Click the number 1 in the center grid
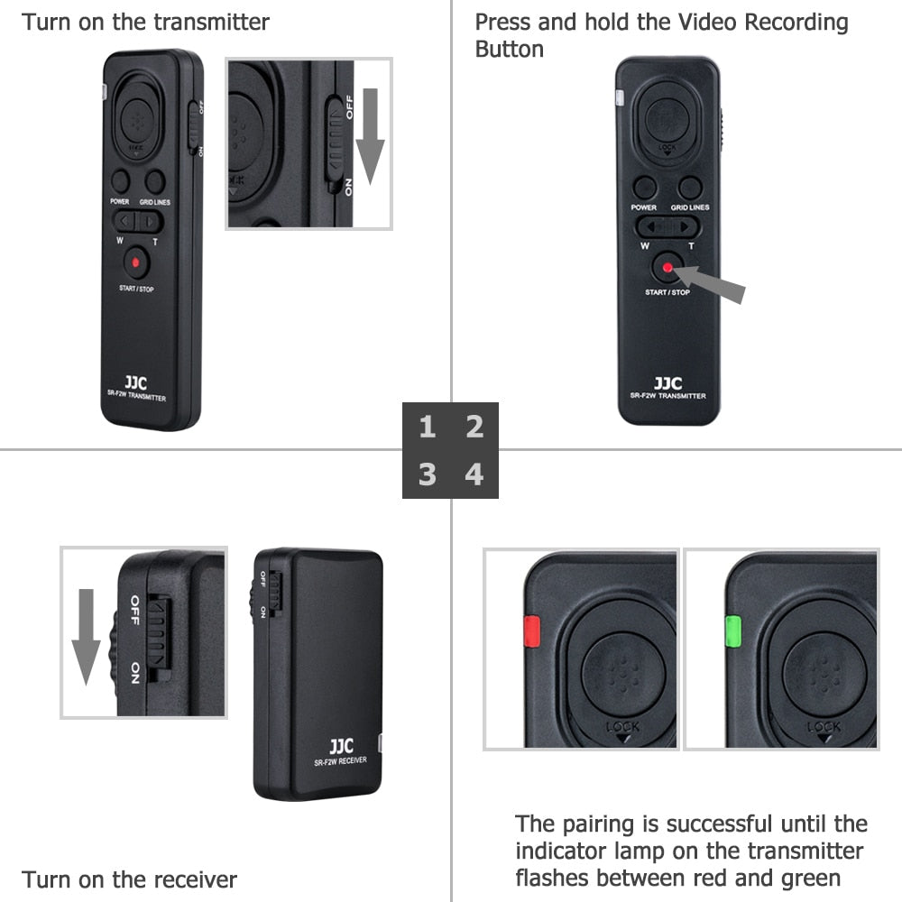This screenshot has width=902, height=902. point(427,427)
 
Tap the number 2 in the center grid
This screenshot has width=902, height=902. point(474,427)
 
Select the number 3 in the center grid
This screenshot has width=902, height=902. point(427,474)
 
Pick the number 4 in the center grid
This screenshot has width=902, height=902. point(474,474)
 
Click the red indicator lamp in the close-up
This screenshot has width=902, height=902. point(530,631)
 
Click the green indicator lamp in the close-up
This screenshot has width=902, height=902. point(732,631)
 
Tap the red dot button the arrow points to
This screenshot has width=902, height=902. point(667,267)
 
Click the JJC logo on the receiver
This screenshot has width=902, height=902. point(341,746)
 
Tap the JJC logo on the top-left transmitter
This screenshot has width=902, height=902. point(136,383)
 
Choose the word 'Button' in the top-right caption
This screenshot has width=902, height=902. point(510,49)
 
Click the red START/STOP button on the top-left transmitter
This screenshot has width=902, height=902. point(136,263)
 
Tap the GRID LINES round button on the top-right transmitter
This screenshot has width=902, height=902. point(691,188)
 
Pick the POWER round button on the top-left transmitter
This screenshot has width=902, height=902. point(121,180)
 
